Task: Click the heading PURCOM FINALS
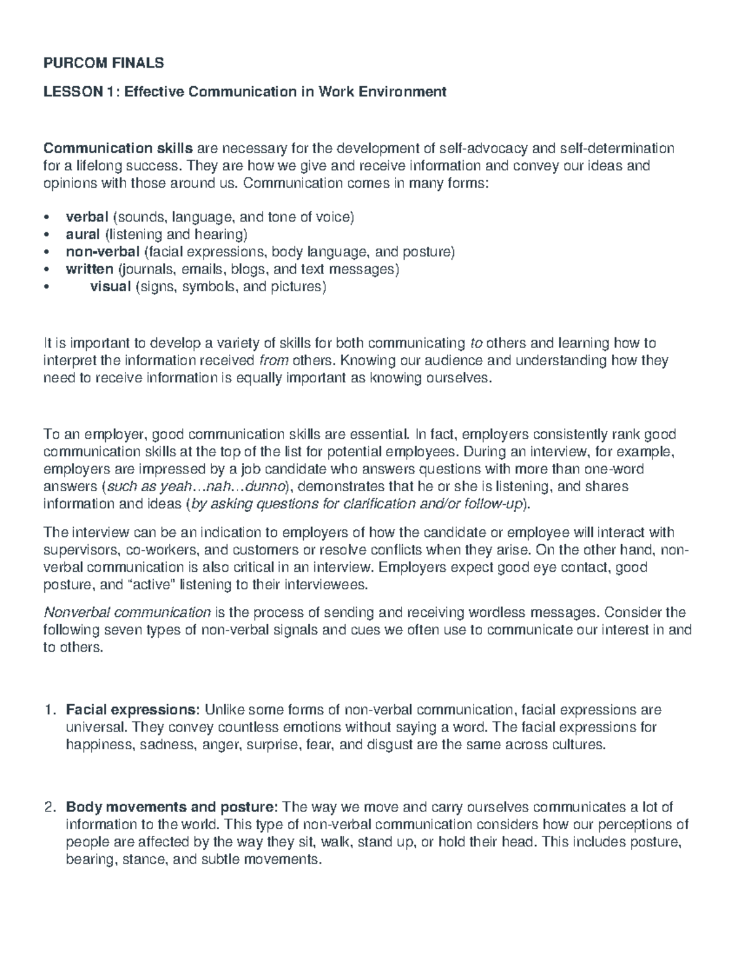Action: pos(103,63)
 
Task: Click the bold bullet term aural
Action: pos(82,235)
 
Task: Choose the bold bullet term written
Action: pos(89,269)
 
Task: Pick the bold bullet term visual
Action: pos(110,286)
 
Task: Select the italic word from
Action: pos(274,361)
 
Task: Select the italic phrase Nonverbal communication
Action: pos(127,613)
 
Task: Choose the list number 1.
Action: pos(51,710)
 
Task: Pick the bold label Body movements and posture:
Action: pos(173,808)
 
